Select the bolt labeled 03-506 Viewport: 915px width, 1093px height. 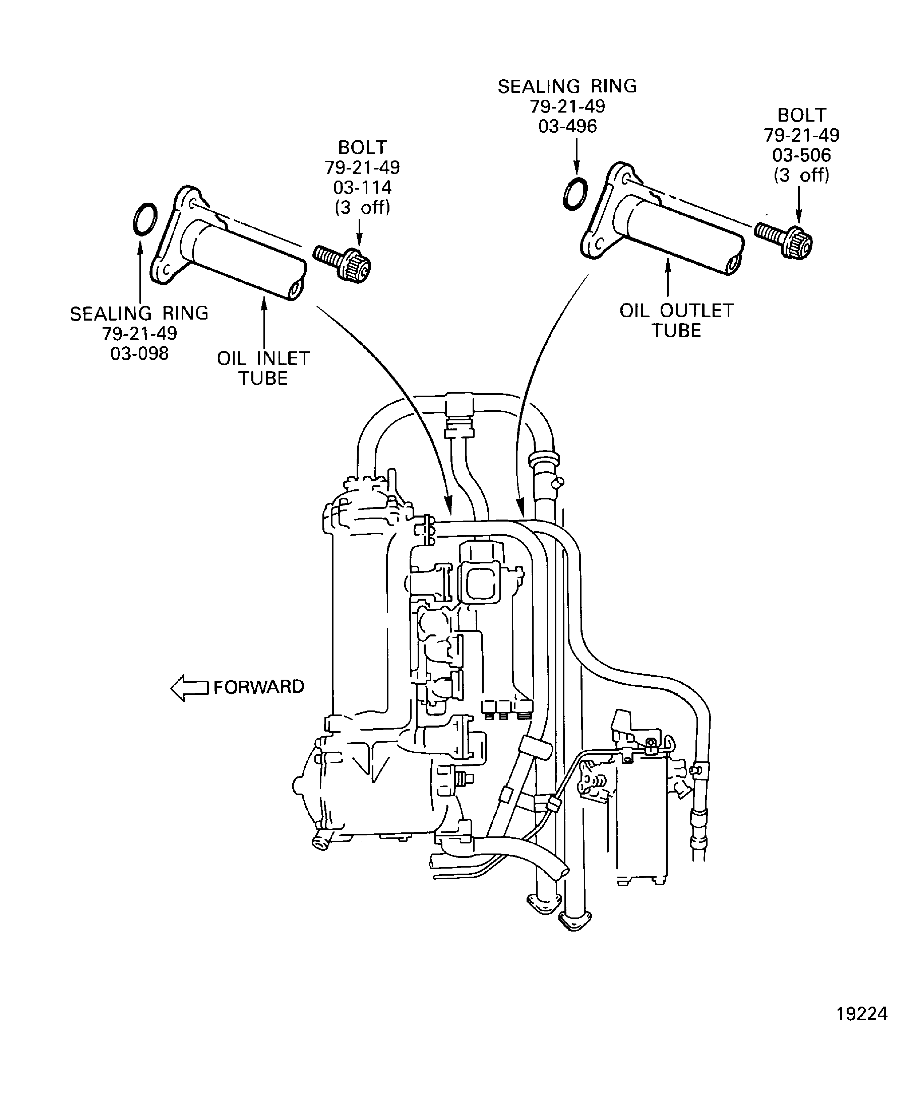tap(785, 238)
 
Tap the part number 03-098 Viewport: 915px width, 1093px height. tap(139, 354)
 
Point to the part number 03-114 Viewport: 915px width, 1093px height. tap(362, 187)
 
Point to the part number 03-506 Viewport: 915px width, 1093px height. tap(801, 155)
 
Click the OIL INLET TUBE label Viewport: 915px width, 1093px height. tap(263, 368)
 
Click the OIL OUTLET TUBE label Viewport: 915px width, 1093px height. tap(676, 321)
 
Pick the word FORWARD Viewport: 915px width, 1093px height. tap(258, 687)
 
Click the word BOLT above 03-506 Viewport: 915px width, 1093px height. tap(801, 115)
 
